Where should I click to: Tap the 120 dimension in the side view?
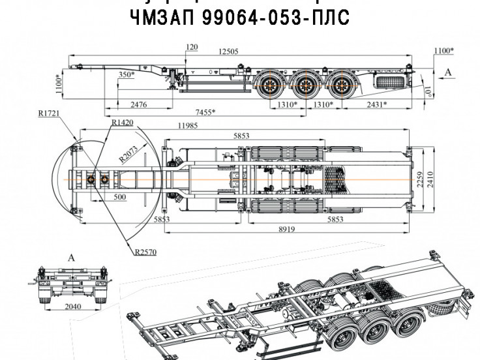coord(191,48)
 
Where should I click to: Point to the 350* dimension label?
coord(127,75)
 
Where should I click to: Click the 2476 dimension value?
coord(139,104)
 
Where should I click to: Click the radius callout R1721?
coord(49,113)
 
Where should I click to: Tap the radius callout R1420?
coord(122,122)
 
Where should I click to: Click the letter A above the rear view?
coord(72,258)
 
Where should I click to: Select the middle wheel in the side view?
coord(304,85)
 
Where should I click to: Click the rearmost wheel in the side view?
coord(340,85)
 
